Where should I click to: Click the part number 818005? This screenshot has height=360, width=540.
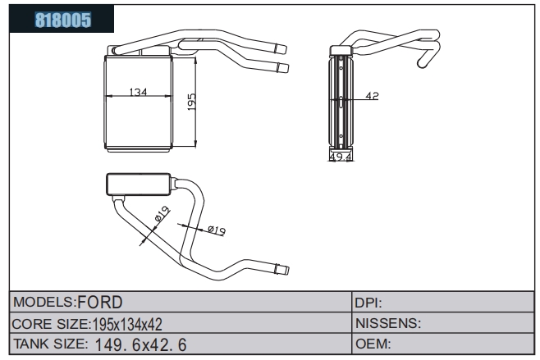(x=63, y=20)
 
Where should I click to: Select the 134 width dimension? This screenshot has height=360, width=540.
(x=138, y=92)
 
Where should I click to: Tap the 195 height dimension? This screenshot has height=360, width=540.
(x=191, y=102)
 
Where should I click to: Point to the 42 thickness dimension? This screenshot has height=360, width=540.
(x=372, y=96)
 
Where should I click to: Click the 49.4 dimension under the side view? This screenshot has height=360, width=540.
(x=341, y=157)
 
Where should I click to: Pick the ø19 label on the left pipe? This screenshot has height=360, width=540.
(x=162, y=213)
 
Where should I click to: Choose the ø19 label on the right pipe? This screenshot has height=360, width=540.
(x=217, y=230)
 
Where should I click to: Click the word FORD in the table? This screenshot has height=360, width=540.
(x=100, y=302)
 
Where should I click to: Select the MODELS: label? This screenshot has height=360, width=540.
(x=44, y=302)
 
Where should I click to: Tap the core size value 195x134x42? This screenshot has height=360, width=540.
(x=127, y=324)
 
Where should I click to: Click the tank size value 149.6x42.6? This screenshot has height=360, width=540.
(x=140, y=345)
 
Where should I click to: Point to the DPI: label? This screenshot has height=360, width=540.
(x=368, y=303)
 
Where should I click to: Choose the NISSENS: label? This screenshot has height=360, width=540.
(x=388, y=323)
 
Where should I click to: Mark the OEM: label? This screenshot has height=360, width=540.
(x=373, y=344)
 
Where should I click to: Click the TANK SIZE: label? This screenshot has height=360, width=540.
(x=50, y=344)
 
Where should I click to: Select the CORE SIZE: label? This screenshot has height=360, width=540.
(x=52, y=324)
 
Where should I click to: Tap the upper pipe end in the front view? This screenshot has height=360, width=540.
(x=281, y=49)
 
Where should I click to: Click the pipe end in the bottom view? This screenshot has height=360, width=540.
(x=282, y=269)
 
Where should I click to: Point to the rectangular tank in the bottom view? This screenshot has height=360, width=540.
(x=139, y=185)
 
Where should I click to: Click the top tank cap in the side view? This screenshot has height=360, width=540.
(x=341, y=51)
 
